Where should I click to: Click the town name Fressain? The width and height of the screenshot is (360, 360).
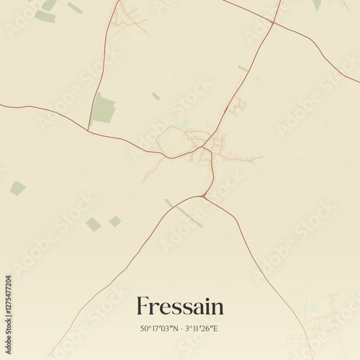(x=180, y=307)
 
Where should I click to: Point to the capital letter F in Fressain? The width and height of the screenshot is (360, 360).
(x=143, y=306)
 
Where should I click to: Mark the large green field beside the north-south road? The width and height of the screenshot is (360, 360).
(x=104, y=109)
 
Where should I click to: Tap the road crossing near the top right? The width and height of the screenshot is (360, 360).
(x=273, y=24)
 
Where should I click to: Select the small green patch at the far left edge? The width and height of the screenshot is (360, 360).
(x=17, y=189)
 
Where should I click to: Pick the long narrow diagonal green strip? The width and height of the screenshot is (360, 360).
(x=185, y=214)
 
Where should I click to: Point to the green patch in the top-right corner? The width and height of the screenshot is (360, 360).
(x=317, y=4)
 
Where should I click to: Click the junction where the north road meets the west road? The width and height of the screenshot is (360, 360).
(x=89, y=130)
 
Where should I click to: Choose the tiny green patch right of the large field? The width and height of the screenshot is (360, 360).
(x=156, y=96)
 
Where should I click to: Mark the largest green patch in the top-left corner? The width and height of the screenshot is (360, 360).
(x=45, y=16)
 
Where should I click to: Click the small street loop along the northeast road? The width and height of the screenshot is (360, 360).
(x=238, y=105)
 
